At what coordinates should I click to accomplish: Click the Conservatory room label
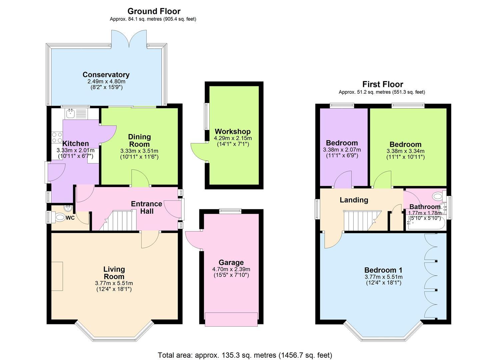106,75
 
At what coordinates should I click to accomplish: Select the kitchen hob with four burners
57,137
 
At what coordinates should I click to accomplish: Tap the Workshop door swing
198,152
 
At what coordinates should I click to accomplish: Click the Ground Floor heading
154,11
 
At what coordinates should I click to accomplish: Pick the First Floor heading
383,84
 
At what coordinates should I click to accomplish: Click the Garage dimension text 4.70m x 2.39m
231,269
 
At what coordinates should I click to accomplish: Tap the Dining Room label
139,141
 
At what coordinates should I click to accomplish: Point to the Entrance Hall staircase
118,221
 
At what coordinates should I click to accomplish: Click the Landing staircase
362,221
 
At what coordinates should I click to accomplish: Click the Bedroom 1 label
383,270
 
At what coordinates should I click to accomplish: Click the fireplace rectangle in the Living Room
57,276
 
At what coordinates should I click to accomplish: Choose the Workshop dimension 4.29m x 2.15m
233,138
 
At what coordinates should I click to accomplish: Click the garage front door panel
231,319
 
